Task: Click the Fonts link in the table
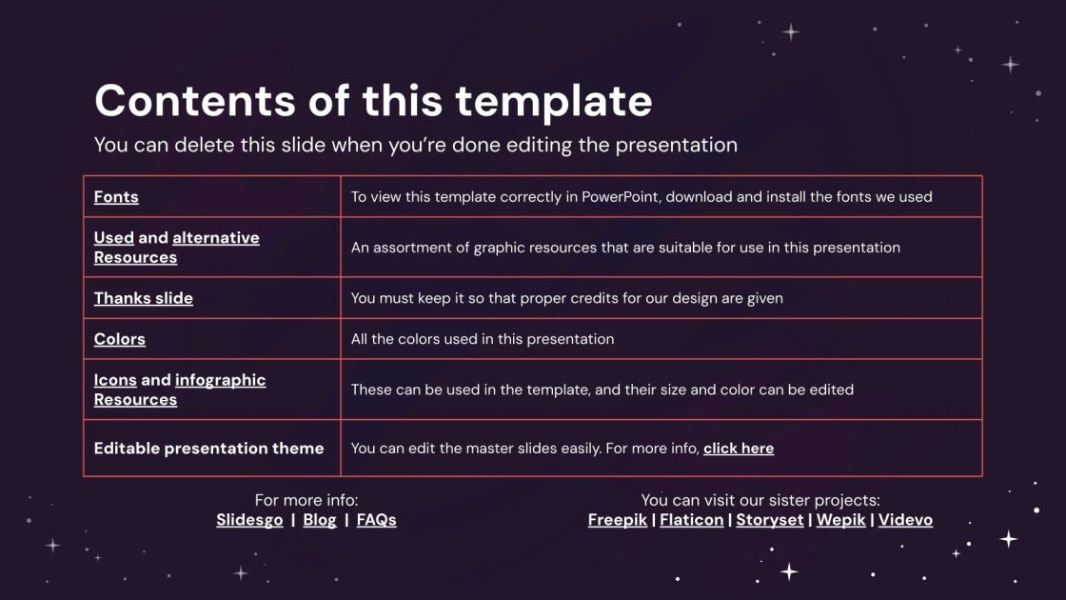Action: [116, 197]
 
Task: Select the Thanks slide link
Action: [143, 298]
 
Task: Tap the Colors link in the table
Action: [119, 339]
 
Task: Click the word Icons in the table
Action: [115, 380]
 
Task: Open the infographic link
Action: [220, 380]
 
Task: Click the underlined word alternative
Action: [215, 238]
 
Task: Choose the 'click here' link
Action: [739, 449]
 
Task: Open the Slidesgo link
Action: [249, 520]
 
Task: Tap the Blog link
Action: [320, 520]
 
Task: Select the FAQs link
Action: [376, 520]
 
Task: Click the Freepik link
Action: [617, 520]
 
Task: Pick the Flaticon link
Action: [691, 520]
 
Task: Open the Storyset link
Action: [769, 520]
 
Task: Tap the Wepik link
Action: [839, 520]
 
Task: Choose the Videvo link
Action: [905, 520]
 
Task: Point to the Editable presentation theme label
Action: [208, 449]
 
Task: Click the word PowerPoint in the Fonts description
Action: [624, 197]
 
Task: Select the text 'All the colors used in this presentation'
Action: [483, 339]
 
